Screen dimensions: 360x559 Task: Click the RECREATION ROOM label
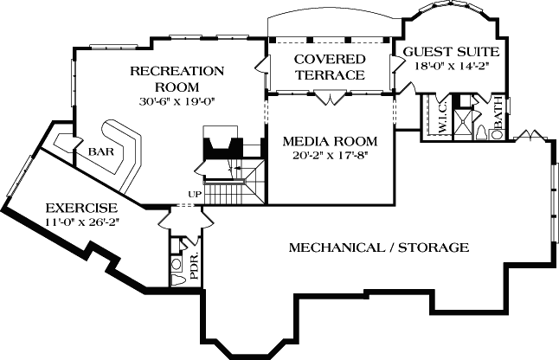click(x=177, y=79)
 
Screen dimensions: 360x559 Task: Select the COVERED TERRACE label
click(x=329, y=67)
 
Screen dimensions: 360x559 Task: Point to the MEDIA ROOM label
click(x=331, y=141)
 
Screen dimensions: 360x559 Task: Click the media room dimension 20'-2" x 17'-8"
click(x=331, y=157)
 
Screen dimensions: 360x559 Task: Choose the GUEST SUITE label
click(x=452, y=52)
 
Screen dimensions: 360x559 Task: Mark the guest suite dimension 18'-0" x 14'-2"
click(x=452, y=66)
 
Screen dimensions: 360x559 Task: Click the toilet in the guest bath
click(x=480, y=132)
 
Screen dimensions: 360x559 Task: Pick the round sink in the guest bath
click(x=498, y=132)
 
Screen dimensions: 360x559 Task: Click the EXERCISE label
click(x=81, y=208)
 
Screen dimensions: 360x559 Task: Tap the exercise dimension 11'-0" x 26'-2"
click(x=81, y=222)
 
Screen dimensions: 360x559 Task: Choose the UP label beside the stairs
click(x=195, y=194)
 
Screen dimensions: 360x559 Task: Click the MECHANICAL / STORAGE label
click(x=378, y=247)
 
